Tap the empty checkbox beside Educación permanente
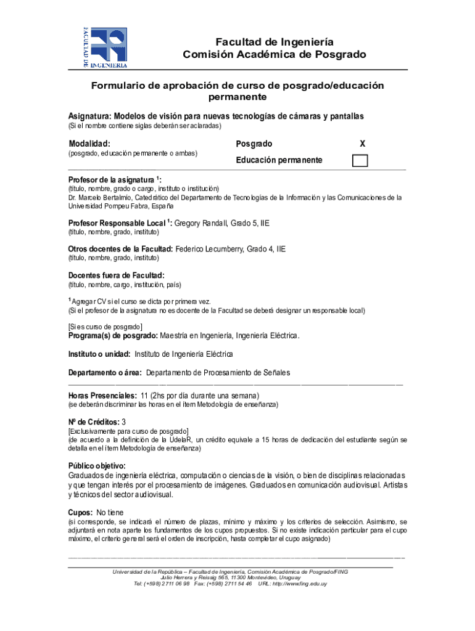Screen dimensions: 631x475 (x=360, y=160)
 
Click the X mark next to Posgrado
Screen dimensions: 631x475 (x=362, y=144)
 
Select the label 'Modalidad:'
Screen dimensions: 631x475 (x=89, y=144)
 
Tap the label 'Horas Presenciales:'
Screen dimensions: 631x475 (x=102, y=395)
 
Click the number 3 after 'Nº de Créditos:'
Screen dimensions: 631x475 (x=124, y=421)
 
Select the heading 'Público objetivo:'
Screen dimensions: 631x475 (x=96, y=465)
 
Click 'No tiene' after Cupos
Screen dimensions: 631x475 (x=110, y=512)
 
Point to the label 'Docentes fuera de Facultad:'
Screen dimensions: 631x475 (x=116, y=275)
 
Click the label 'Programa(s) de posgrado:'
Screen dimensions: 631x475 (x=113, y=336)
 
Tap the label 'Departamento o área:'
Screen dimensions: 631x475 (x=105, y=373)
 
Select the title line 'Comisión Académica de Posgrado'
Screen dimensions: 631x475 (x=275, y=55)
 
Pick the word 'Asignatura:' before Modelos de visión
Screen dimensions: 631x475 (x=89, y=116)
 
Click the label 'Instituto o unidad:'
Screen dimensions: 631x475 (x=99, y=354)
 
